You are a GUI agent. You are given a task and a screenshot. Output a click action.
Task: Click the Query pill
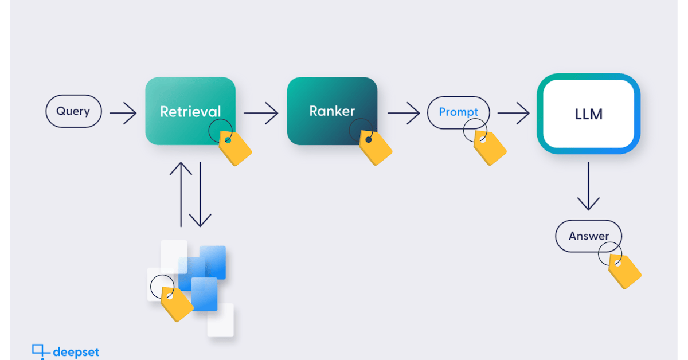point(73,111)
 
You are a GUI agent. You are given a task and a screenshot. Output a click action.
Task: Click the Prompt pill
point(458,112)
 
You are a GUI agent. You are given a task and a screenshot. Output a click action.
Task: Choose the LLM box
point(588,114)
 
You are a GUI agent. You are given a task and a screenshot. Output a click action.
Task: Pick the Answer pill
point(588,236)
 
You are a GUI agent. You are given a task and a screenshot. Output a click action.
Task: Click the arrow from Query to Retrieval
point(123,113)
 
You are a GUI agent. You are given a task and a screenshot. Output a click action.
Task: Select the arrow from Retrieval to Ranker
point(261,113)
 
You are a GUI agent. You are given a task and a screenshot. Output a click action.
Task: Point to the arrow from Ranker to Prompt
point(404,113)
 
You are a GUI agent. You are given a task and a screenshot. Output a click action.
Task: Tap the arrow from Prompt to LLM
point(513,113)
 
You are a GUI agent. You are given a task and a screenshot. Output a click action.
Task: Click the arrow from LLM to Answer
point(588,186)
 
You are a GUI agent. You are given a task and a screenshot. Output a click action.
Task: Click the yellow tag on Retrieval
point(236,149)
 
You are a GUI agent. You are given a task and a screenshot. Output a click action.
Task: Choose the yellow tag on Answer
point(626,271)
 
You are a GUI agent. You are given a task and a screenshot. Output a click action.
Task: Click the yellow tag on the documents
point(177,304)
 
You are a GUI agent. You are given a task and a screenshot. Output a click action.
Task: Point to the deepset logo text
point(76,351)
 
